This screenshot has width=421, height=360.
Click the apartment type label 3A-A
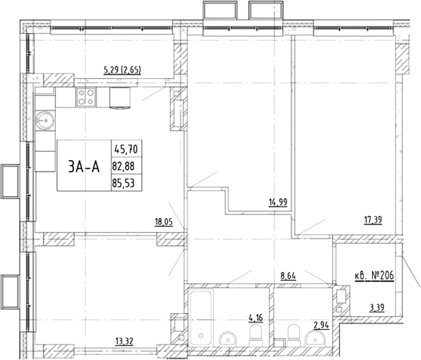pyautogui.click(x=84, y=166)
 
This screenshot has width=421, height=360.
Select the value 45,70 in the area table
pyautogui.click(x=126, y=149)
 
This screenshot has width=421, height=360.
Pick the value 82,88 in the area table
pyautogui.click(x=123, y=166)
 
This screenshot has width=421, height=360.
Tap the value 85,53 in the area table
pyautogui.click(x=123, y=183)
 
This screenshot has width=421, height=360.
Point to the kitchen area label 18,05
pyautogui.click(x=163, y=222)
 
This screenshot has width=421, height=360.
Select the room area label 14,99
pyautogui.click(x=278, y=202)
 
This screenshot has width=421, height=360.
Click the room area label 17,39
pyautogui.click(x=373, y=220)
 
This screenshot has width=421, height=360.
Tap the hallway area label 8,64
pyautogui.click(x=288, y=276)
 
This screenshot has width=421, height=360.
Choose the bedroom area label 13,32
pyautogui.click(x=124, y=342)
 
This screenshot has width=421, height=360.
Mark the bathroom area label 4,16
pyautogui.click(x=256, y=318)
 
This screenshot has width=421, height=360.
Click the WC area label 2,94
pyautogui.click(x=321, y=326)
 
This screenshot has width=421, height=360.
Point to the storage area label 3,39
pyautogui.click(x=376, y=307)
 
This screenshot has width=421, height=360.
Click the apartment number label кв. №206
pyautogui.click(x=374, y=276)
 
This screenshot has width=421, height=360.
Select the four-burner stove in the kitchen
pyautogui.click(x=86, y=97)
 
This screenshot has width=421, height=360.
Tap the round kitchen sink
pyautogui.click(x=45, y=121)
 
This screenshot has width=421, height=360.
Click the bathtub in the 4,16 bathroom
pyautogui.click(x=201, y=318)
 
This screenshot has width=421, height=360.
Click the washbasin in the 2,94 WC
pyautogui.click(x=316, y=338)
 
